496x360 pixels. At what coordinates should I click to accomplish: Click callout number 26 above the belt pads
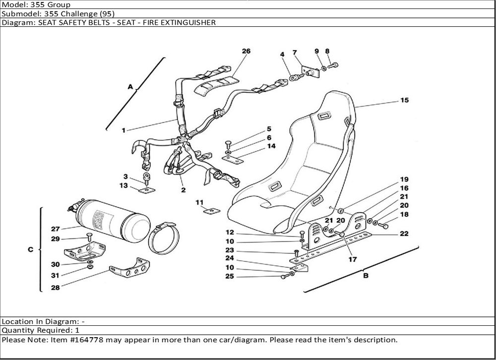click(x=246, y=51)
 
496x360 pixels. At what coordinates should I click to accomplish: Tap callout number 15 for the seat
click(x=404, y=100)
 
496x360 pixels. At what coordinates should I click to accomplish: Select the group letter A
click(x=130, y=87)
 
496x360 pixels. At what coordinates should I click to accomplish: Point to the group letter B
click(x=366, y=276)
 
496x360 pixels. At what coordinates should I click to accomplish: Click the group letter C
click(x=30, y=250)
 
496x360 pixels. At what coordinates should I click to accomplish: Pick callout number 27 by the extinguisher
click(x=55, y=229)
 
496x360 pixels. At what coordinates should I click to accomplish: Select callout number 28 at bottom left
click(x=55, y=288)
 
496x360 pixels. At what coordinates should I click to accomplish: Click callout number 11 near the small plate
click(x=199, y=202)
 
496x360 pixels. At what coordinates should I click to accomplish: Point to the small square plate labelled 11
click(x=212, y=211)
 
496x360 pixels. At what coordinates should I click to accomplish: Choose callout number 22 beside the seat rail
click(x=404, y=234)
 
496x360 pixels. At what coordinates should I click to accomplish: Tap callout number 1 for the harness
click(x=124, y=130)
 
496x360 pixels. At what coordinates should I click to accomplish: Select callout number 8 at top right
click(x=327, y=51)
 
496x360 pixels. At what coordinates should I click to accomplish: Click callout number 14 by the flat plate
click(x=271, y=146)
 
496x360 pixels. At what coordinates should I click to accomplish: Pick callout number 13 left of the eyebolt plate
click(x=124, y=185)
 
